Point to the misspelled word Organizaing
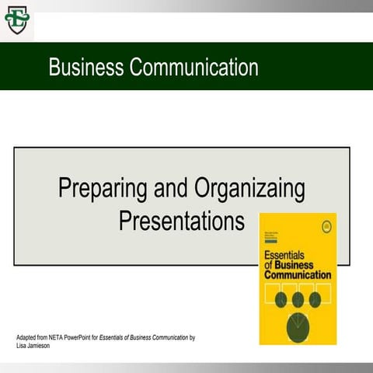tap(249, 190)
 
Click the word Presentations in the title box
tap(181, 221)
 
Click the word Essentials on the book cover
tap(284, 255)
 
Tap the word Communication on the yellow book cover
tap(298, 274)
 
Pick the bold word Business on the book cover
tap(303, 265)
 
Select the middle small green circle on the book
tap(298, 300)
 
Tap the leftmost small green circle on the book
tap(281, 300)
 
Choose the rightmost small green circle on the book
tap(315, 300)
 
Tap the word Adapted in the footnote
tap(29, 338)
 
